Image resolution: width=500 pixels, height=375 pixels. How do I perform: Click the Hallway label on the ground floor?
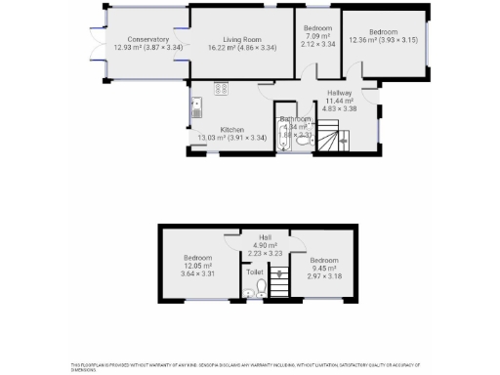coord(340,96)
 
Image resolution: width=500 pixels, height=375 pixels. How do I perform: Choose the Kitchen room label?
coord(231,130)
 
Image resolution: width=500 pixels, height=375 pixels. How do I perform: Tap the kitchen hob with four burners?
coord(221,89)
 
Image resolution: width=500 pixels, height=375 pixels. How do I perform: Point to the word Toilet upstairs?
coord(255,272)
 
